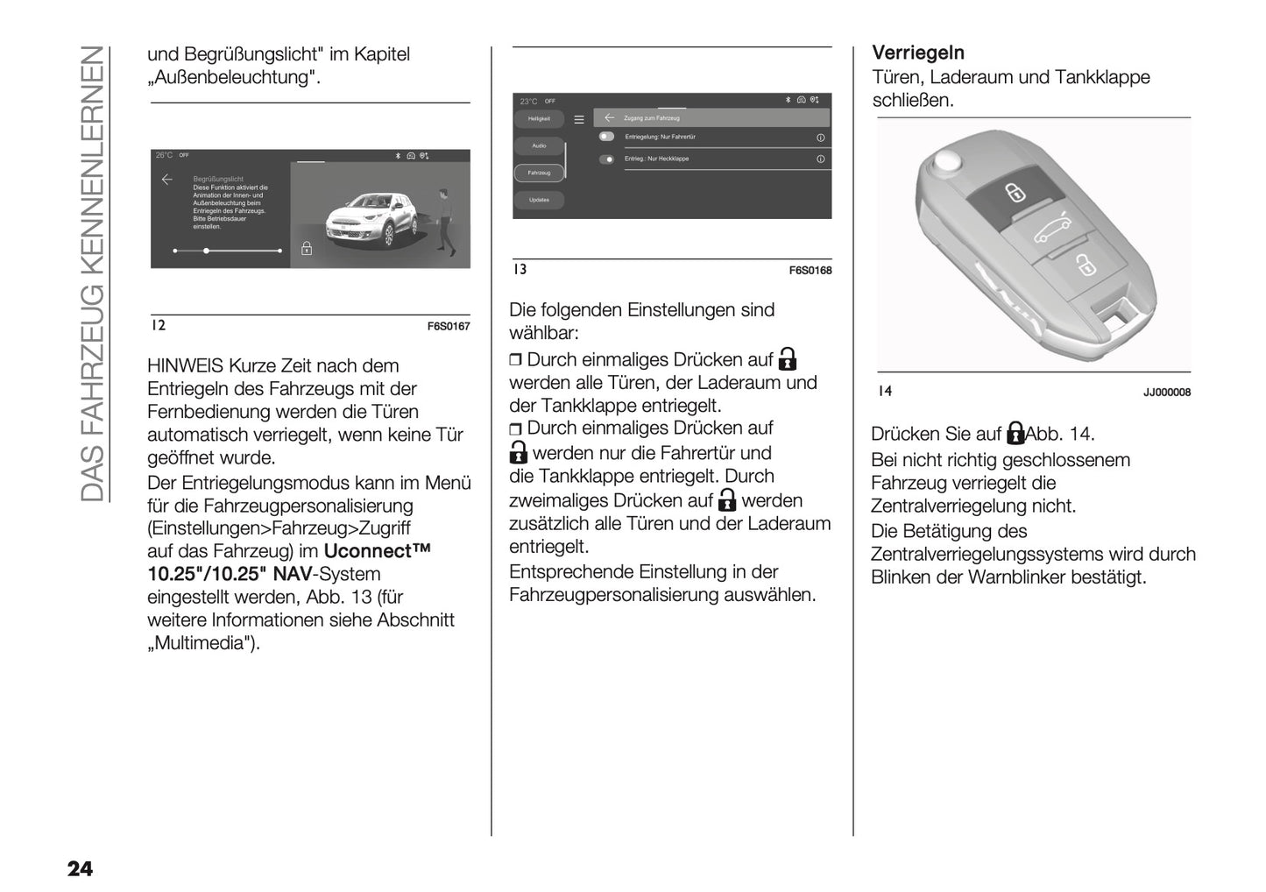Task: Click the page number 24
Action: pyautogui.click(x=80, y=868)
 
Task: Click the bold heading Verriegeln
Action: pyautogui.click(x=918, y=53)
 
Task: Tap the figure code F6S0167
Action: pyautogui.click(x=449, y=326)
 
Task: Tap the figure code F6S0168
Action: pyautogui.click(x=810, y=271)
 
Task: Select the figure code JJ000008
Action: pyautogui.click(x=1166, y=393)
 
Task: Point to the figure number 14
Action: pyautogui.click(x=885, y=391)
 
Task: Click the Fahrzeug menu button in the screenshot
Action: pyautogui.click(x=539, y=173)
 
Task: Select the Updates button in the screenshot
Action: pyautogui.click(x=539, y=200)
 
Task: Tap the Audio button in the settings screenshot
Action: pyautogui.click(x=539, y=145)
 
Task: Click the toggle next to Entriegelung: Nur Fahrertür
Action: pyautogui.click(x=606, y=137)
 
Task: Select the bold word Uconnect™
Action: pyautogui.click(x=378, y=551)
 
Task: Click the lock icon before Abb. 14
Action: pyautogui.click(x=1015, y=433)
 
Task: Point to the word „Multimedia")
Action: pyautogui.click(x=204, y=643)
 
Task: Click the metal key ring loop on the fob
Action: pyautogui.click(x=945, y=161)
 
